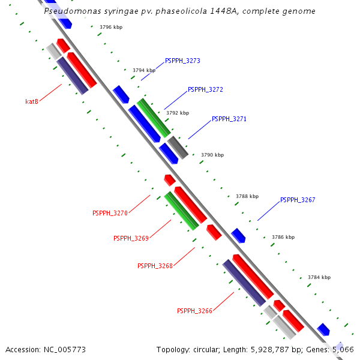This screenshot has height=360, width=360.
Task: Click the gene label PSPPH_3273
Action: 182,61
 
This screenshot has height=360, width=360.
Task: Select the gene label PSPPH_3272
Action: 205,89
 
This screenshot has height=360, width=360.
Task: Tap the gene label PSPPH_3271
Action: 229,119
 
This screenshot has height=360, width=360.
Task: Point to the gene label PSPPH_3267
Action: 298,200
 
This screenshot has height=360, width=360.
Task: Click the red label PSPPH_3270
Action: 110,213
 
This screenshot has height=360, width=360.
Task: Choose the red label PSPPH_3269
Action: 131,238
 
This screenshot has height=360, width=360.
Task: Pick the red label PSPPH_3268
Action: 155,266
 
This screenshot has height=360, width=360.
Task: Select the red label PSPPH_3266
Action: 194,311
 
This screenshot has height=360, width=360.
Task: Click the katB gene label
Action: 32,101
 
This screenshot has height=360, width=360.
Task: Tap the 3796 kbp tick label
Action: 111,28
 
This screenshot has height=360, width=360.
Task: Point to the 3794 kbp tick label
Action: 144,70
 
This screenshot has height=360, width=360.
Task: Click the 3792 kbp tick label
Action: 178,113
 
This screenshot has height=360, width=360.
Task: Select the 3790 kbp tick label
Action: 212,155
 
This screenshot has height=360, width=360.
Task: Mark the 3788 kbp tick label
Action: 247,196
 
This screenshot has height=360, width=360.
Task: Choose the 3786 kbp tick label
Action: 283,237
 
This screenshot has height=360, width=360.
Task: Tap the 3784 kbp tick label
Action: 319,277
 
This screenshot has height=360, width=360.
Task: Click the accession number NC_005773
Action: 64,349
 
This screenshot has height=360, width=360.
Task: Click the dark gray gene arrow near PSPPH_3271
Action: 178,147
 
